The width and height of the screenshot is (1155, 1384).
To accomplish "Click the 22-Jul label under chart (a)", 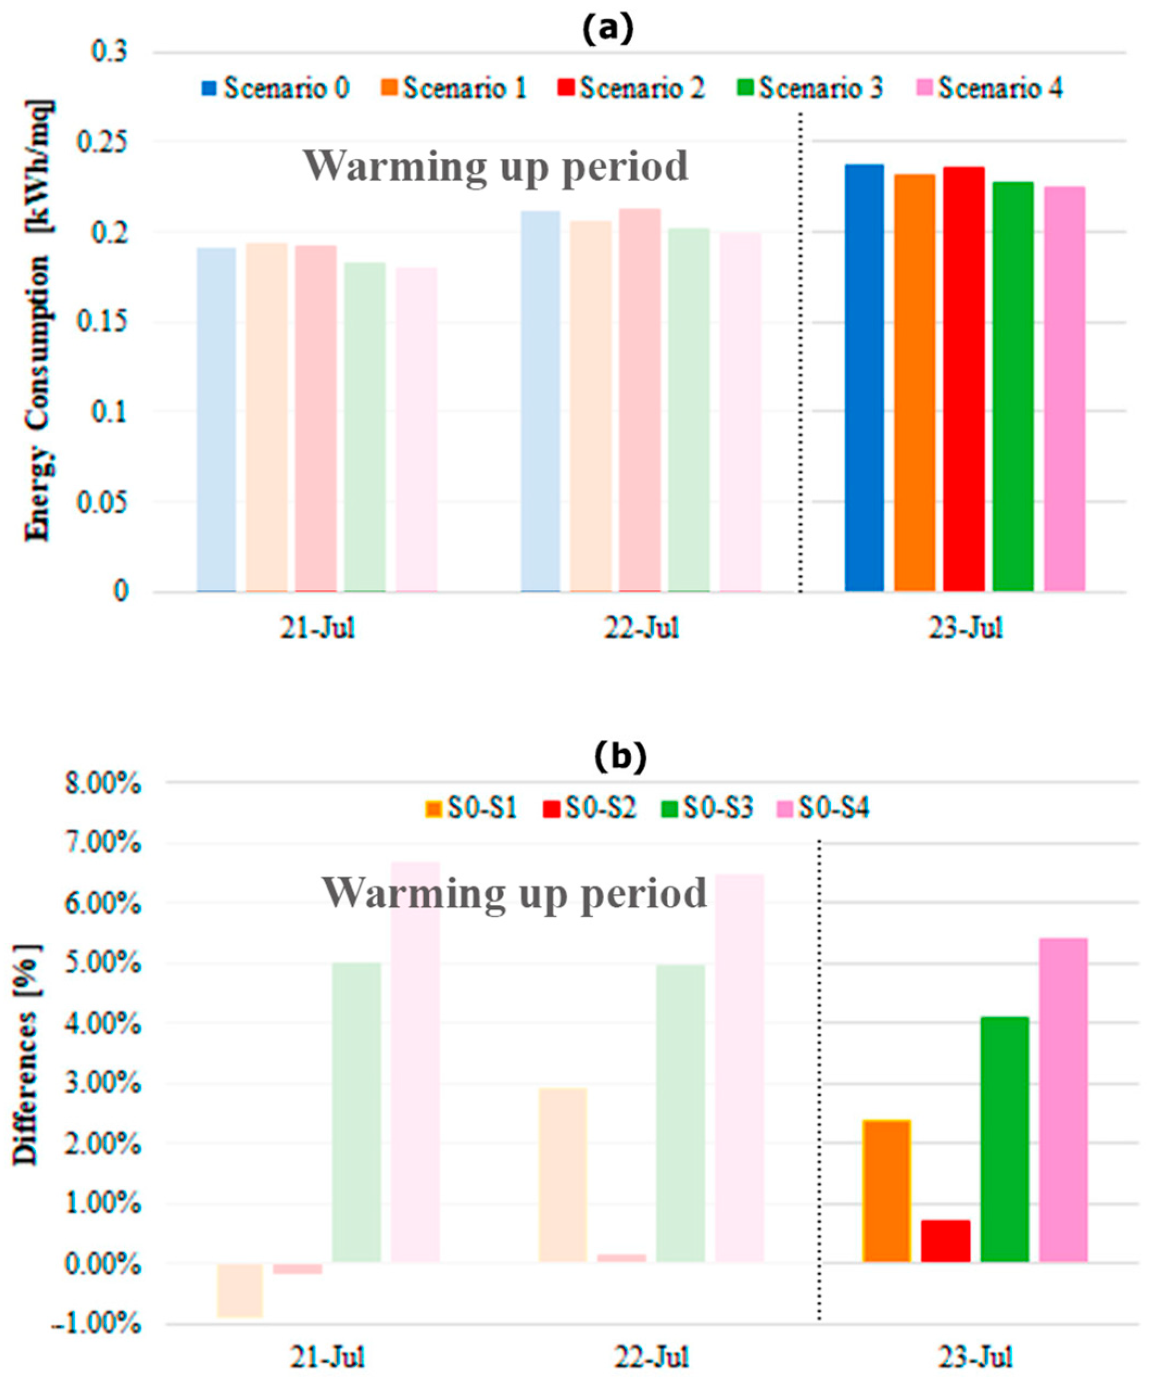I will coord(641,628).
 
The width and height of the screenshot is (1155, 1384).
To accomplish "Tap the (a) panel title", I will coord(607,30).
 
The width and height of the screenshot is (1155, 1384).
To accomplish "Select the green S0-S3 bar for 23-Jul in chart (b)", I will coord(1004,1140).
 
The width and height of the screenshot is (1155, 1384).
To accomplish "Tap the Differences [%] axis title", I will coord(28,1055).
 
